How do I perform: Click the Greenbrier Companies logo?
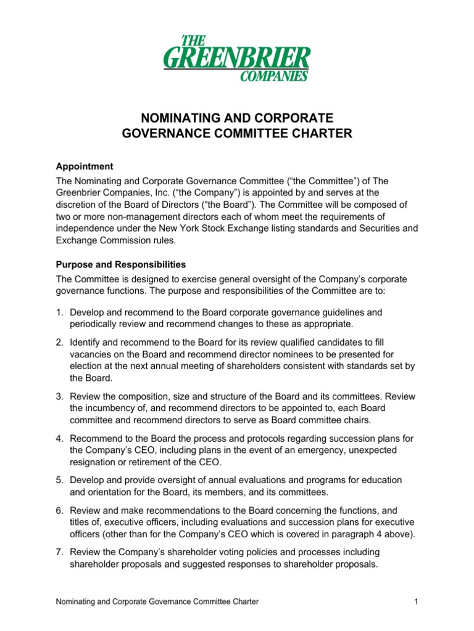(x=236, y=59)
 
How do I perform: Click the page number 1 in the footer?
(x=417, y=601)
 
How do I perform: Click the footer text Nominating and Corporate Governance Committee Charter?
(x=157, y=601)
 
